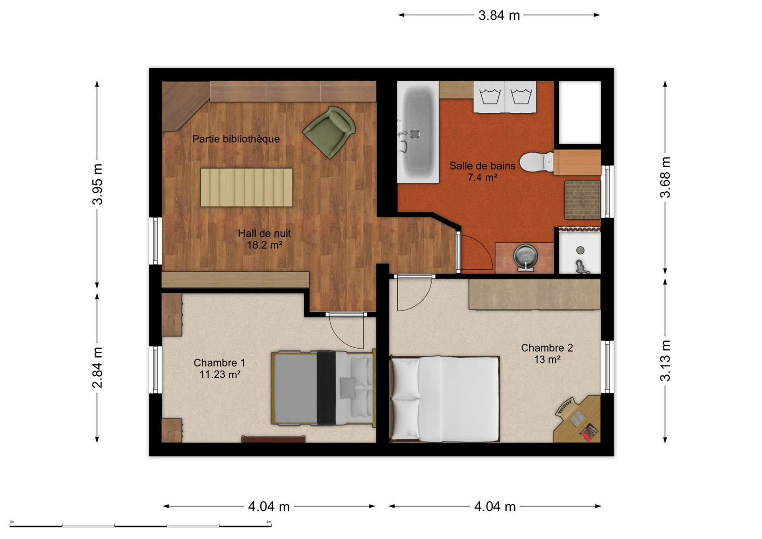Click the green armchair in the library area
click(329, 132)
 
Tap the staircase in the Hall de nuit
click(246, 187)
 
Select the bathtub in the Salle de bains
click(418, 133)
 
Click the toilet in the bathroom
click(537, 162)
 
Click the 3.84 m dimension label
click(499, 16)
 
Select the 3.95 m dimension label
click(97, 184)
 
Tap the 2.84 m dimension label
click(97, 367)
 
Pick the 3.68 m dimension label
click(665, 177)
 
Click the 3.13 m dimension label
click(665, 361)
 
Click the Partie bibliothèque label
click(236, 139)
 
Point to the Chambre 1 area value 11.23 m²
click(220, 375)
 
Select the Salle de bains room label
click(483, 166)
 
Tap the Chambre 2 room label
click(547, 348)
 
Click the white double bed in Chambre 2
click(445, 399)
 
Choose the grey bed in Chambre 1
click(323, 388)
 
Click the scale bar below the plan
click(141, 526)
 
